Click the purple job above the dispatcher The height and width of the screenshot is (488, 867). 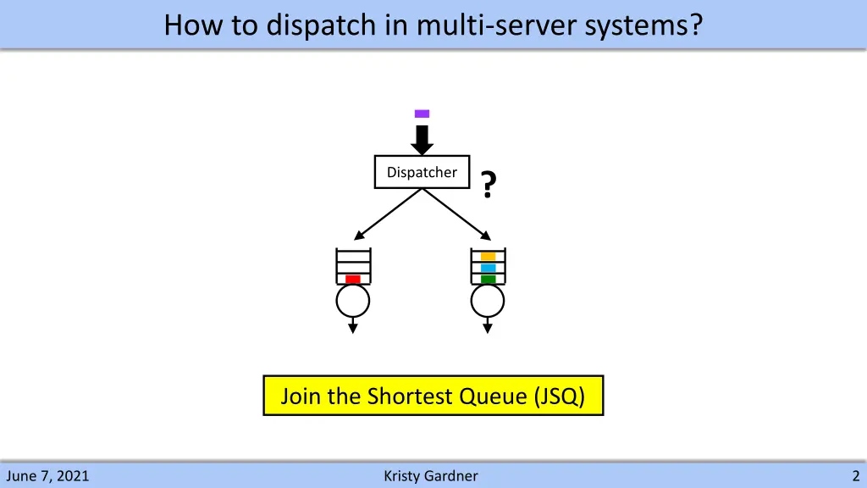pyautogui.click(x=422, y=114)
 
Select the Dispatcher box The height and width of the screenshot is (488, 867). pyautogui.click(x=422, y=172)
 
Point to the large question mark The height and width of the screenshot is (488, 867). pyautogui.click(x=488, y=184)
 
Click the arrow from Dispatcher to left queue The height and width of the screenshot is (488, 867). pyautogui.click(x=389, y=214)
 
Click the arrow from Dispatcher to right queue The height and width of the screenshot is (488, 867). pyautogui.click(x=456, y=214)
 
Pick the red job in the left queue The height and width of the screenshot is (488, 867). pyautogui.click(x=353, y=279)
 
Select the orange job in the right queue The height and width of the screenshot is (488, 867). pyautogui.click(x=488, y=256)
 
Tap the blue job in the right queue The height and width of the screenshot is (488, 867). pyautogui.click(x=488, y=268)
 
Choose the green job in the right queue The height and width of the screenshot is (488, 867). pyautogui.click(x=488, y=279)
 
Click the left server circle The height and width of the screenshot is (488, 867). pyautogui.click(x=353, y=299)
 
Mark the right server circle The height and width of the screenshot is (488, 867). pyautogui.click(x=488, y=299)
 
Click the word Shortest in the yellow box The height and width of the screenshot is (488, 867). pyautogui.click(x=408, y=396)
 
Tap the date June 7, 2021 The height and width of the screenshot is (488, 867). pyautogui.click(x=47, y=476)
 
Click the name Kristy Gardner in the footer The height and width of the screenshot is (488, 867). pyautogui.click(x=431, y=476)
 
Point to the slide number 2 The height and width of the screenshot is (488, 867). pyautogui.click(x=856, y=476)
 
